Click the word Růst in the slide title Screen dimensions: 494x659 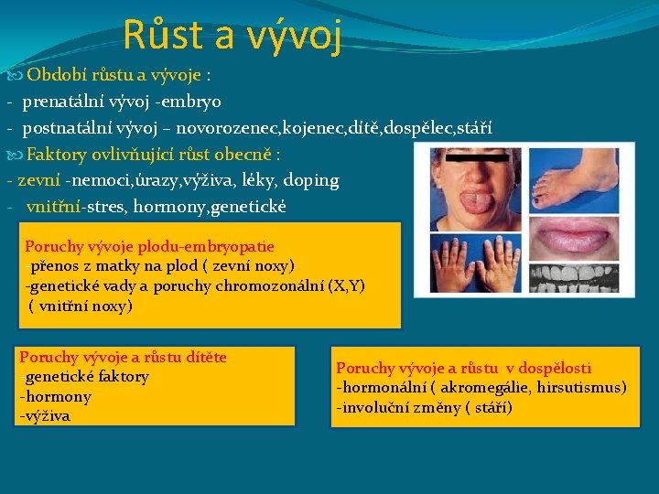coord(158,35)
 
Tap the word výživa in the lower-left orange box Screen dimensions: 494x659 coord(47,416)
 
